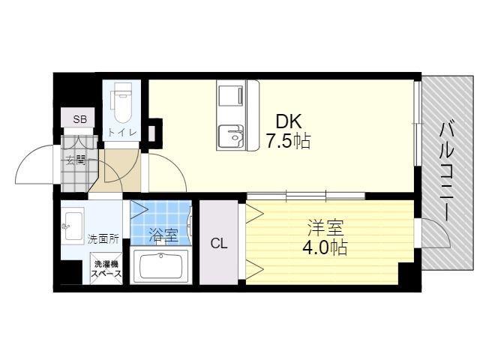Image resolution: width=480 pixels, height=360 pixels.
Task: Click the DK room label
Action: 289,121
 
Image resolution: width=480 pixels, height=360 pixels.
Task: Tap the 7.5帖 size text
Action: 288,141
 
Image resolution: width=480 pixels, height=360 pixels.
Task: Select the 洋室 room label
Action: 325,228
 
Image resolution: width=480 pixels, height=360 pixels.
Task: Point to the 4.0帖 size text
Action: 325,247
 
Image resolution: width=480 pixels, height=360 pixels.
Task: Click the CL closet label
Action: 219,244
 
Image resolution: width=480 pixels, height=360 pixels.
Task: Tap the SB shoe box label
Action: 80,119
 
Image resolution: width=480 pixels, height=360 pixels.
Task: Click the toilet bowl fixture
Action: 121,106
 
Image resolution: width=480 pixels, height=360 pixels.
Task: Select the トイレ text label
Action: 121,133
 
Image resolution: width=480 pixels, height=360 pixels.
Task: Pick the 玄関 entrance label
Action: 76,160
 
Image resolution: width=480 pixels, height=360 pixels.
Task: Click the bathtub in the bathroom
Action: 161,265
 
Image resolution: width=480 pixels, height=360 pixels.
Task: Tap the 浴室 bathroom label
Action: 163,236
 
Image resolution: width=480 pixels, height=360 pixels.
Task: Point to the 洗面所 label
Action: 103,239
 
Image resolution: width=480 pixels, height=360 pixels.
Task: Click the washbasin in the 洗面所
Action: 73,226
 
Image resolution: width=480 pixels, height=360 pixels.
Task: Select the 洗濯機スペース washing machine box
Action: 106,268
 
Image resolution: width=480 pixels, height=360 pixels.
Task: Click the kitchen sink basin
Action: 230,137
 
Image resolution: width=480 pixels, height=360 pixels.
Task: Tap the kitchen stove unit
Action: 232,98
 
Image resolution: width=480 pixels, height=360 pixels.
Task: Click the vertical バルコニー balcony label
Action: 447,171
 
